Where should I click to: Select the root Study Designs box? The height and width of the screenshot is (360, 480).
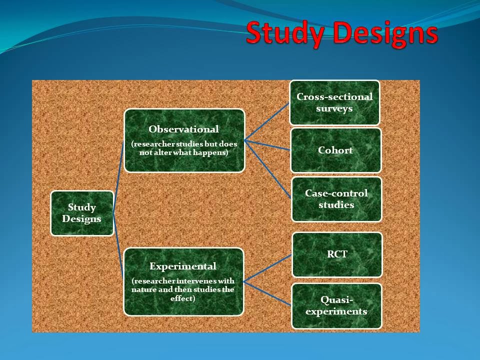tap(82, 213)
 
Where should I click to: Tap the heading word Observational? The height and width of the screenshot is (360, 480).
tap(184, 129)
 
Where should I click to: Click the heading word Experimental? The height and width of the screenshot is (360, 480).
tap(183, 266)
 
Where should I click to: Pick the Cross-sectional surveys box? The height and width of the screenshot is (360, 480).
tap(334, 102)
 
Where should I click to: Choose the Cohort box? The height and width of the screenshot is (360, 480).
tap(335, 150)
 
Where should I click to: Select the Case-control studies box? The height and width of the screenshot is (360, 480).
tap(336, 199)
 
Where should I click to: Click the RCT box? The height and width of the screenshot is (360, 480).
tap(337, 254)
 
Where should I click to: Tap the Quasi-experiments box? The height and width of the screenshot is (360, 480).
tap(336, 305)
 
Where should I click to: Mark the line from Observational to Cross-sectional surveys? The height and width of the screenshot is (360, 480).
tap(267, 120)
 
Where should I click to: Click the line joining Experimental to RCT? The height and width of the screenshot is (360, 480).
tap(267, 268)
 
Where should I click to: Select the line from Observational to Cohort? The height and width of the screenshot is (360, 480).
tap(267, 145)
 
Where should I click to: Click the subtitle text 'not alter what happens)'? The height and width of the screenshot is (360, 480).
tap(184, 152)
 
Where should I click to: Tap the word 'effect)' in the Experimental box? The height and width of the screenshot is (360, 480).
tap(183, 298)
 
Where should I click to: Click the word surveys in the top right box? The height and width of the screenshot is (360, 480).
tap(334, 108)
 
